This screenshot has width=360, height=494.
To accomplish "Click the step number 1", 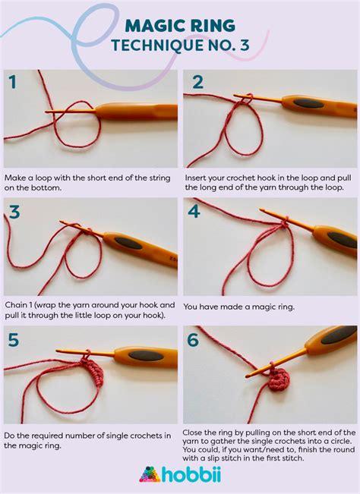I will [13, 83].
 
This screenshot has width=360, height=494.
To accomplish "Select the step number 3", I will [14, 212].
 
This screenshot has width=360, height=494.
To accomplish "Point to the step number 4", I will [194, 212].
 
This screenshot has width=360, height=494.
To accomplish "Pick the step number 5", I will [14, 340].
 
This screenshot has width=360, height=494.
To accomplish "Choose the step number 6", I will [194, 340].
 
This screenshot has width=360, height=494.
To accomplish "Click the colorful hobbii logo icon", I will [149, 474].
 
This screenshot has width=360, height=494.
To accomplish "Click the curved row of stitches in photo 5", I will [93, 373].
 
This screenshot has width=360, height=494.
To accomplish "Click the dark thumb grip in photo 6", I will [338, 335].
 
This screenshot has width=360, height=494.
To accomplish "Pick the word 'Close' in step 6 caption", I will [196, 433].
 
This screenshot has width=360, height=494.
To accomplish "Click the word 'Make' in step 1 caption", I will [16, 175].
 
